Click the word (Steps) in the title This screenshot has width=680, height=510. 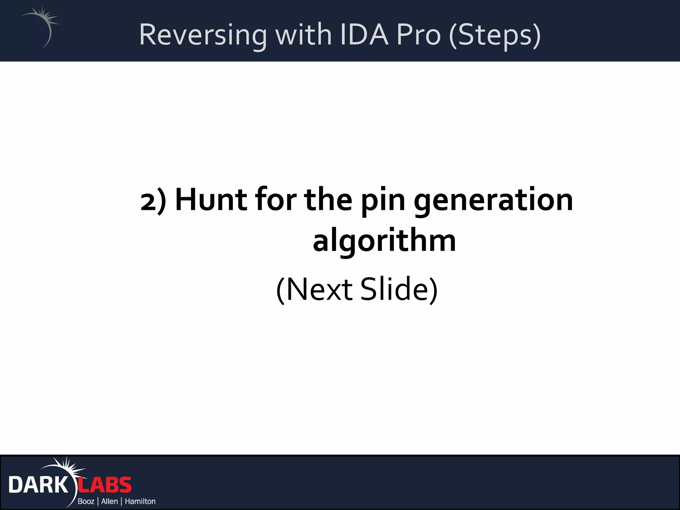495,35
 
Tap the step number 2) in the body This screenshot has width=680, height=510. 153,201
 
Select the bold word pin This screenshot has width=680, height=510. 383,201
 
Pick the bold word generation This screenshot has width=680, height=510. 493,201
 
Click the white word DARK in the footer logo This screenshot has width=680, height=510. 38,485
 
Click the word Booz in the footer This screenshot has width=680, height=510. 86,501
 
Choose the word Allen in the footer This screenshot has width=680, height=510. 110,501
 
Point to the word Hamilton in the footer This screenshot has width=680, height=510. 140,501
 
